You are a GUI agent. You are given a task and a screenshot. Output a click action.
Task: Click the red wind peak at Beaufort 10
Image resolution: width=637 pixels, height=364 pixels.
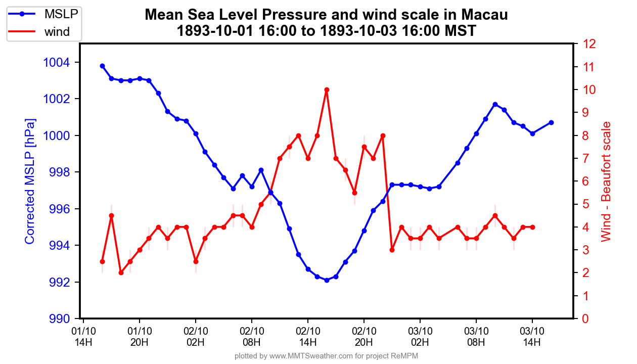point(327,89)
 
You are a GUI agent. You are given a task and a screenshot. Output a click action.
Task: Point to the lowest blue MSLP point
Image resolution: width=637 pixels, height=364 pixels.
point(327,280)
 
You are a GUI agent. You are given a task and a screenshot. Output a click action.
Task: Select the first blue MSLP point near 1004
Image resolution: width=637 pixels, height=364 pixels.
point(102,66)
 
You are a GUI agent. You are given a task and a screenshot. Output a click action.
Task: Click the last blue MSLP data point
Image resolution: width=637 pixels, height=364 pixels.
point(551,122)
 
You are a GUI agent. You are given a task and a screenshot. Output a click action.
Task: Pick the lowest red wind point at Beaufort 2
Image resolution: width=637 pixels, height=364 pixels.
point(121,272)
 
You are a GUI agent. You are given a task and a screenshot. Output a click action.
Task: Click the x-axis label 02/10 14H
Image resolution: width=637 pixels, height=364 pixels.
point(308,337)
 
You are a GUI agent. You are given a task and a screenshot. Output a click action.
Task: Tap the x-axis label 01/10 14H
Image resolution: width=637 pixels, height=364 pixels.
point(83,337)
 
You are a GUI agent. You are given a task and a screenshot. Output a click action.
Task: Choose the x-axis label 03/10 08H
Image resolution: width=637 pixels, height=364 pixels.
point(476,337)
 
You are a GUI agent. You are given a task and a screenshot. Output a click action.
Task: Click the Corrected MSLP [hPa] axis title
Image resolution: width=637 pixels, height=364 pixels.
point(30,181)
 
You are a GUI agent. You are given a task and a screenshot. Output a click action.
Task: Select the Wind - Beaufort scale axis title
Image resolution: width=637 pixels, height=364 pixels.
point(606,181)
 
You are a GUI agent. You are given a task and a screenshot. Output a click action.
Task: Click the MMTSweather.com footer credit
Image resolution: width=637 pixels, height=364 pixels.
point(326,356)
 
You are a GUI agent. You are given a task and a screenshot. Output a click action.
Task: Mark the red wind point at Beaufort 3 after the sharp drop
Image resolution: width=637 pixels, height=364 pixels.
point(392,250)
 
